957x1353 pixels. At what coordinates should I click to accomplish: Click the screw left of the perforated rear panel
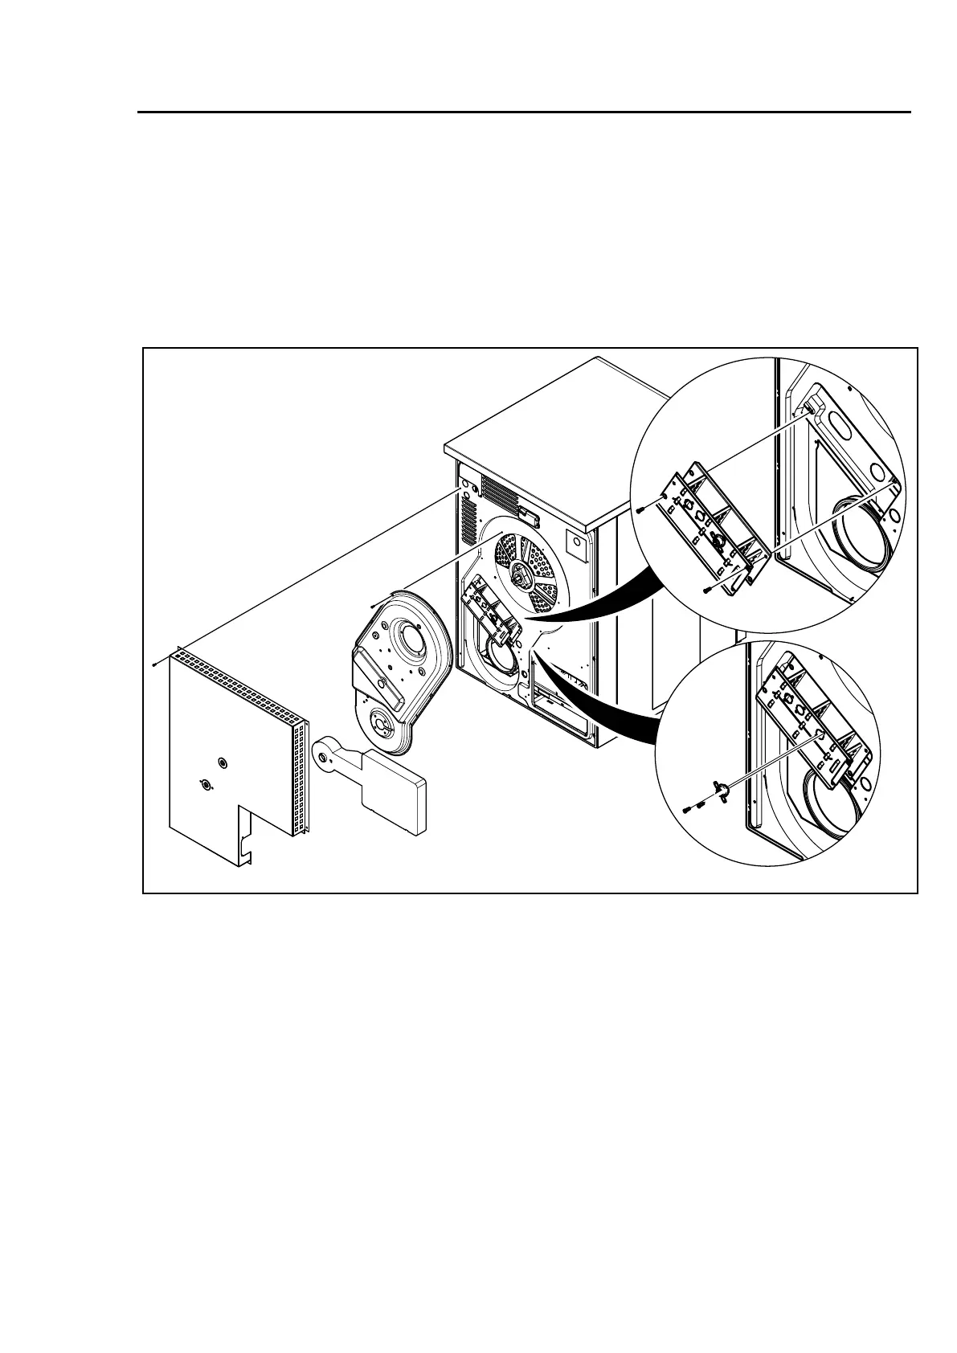click(x=153, y=664)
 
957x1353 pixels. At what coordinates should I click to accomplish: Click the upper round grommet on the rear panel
click(x=223, y=762)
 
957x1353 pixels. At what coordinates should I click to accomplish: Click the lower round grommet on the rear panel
click(x=205, y=785)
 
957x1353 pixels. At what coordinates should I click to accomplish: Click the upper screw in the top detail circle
click(x=638, y=509)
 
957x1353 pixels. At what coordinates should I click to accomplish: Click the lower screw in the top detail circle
click(x=705, y=592)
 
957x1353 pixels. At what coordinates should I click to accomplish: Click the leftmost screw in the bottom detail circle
click(x=685, y=811)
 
